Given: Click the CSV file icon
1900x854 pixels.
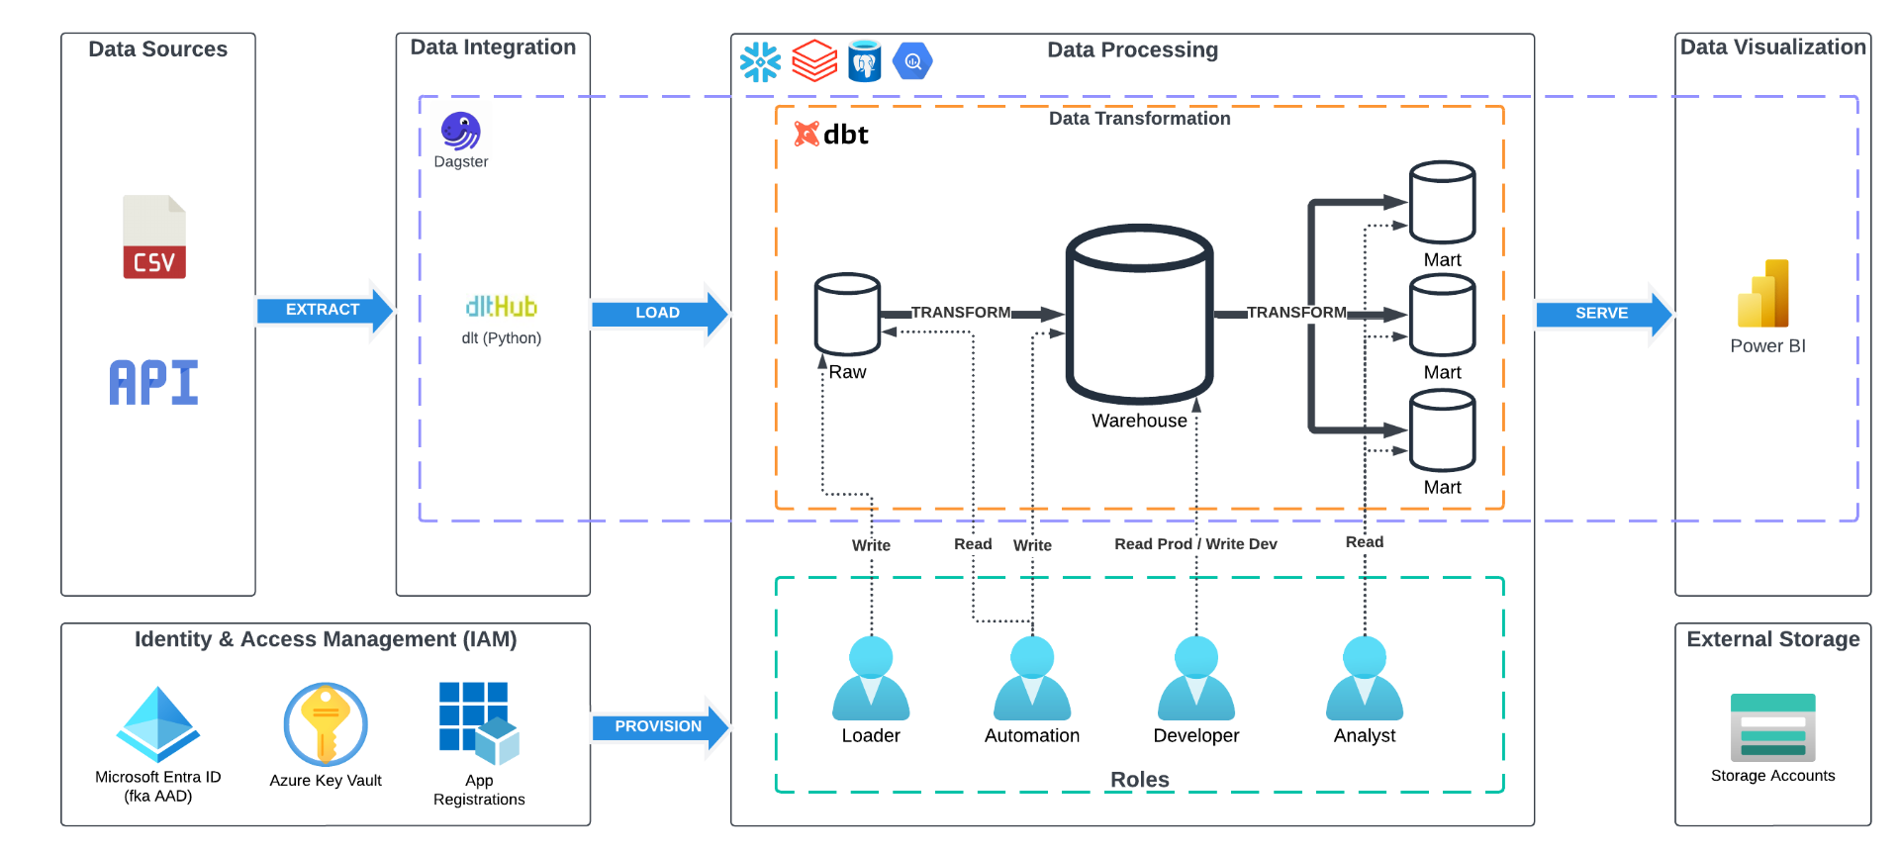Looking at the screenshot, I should [154, 237].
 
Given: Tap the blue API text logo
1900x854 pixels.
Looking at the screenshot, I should [153, 383].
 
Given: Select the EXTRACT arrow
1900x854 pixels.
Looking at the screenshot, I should [324, 310].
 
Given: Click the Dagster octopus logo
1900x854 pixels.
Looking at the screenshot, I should [460, 131].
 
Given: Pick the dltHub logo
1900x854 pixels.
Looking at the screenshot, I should [501, 306].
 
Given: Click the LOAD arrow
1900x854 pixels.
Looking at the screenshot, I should [658, 313].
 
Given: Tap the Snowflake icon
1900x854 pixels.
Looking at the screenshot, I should [760, 61].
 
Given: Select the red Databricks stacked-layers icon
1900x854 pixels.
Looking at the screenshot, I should [814, 60].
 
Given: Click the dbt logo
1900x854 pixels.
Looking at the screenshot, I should [831, 134].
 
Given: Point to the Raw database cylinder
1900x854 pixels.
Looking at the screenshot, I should [847, 314].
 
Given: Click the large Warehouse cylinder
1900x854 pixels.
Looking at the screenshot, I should [1139, 314].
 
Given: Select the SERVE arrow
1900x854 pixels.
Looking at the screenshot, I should [1602, 314].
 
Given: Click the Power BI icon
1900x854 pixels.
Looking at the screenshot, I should [1763, 294].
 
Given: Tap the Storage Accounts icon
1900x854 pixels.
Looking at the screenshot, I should [1772, 727].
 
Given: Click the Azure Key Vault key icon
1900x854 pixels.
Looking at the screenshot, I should [326, 724].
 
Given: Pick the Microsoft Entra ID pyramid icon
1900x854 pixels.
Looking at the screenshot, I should [158, 724].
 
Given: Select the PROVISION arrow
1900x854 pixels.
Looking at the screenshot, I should [659, 726].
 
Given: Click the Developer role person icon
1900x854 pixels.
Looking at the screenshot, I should [1195, 679].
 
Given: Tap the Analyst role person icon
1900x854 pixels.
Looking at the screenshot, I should [1364, 679].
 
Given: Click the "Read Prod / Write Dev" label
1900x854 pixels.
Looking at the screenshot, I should [1195, 544].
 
